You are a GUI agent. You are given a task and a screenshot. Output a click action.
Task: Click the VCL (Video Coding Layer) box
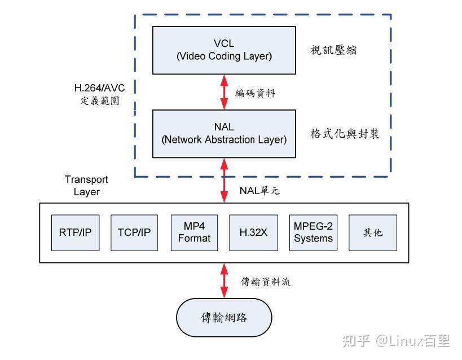[x=224, y=50]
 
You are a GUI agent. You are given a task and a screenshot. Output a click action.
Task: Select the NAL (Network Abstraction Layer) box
[x=224, y=134]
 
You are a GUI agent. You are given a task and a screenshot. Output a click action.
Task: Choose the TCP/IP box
[x=134, y=232]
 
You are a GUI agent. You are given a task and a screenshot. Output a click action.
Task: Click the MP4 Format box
[x=194, y=232]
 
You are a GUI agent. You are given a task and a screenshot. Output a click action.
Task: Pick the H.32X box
[x=253, y=232]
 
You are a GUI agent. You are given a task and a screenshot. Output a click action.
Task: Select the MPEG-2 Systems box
[x=313, y=232]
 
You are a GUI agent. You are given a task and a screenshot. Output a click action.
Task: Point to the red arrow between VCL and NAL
[x=224, y=92]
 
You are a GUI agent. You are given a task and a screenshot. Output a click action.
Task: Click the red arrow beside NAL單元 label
[x=224, y=180]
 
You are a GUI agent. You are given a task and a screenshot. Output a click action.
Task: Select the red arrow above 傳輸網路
[x=224, y=282]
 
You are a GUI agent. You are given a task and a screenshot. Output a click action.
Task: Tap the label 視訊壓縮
[x=334, y=51]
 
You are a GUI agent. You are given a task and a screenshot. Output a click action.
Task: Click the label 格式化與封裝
[x=345, y=134]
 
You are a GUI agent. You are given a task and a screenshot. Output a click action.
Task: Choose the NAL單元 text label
[x=259, y=191]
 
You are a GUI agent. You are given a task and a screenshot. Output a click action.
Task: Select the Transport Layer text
[x=86, y=186]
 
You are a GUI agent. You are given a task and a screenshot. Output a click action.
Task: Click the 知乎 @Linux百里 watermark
[x=397, y=341]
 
